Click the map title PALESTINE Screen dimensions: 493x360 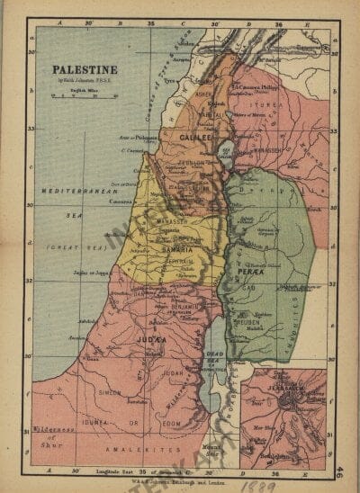tap(84, 68)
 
